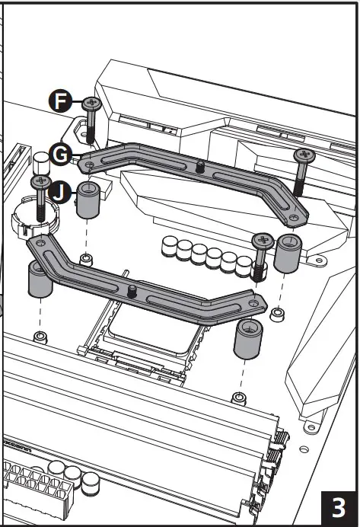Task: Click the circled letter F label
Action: (60, 99)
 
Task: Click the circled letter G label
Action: (61, 154)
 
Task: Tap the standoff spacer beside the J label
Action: (89, 199)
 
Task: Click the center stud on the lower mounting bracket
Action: (132, 289)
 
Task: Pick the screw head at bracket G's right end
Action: (304, 155)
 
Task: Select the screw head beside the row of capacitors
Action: (263, 240)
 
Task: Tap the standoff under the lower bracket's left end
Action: (39, 281)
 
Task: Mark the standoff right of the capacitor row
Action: (288, 254)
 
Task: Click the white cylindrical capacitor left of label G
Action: (40, 162)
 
